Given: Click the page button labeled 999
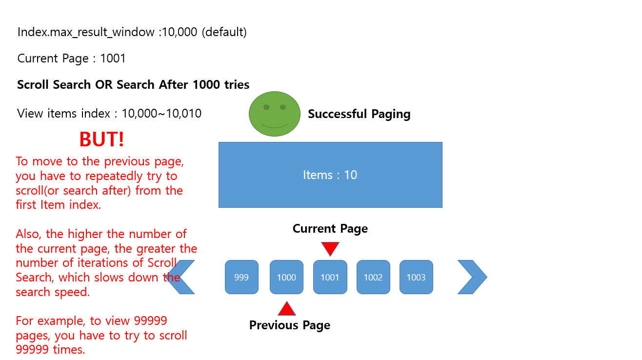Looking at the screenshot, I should point(241,277).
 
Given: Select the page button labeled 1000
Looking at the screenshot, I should point(286,277).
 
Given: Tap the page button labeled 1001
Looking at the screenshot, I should point(330,277).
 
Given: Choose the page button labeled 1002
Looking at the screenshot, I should point(373,277).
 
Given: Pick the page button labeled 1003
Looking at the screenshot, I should point(416,277).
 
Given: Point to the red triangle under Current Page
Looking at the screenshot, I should point(330,248).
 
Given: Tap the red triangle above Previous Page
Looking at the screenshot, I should point(287,309).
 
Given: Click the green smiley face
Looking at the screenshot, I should point(275,114).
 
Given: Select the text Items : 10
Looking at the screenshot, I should point(330,175).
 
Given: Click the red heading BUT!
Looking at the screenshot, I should point(101,140).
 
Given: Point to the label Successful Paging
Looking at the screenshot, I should point(359,114).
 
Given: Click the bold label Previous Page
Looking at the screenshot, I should point(289,325).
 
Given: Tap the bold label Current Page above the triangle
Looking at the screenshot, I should point(330,229).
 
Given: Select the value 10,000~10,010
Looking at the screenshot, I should point(161,114).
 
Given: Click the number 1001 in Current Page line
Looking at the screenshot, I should point(113,59).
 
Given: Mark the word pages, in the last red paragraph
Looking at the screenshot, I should point(33,336).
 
